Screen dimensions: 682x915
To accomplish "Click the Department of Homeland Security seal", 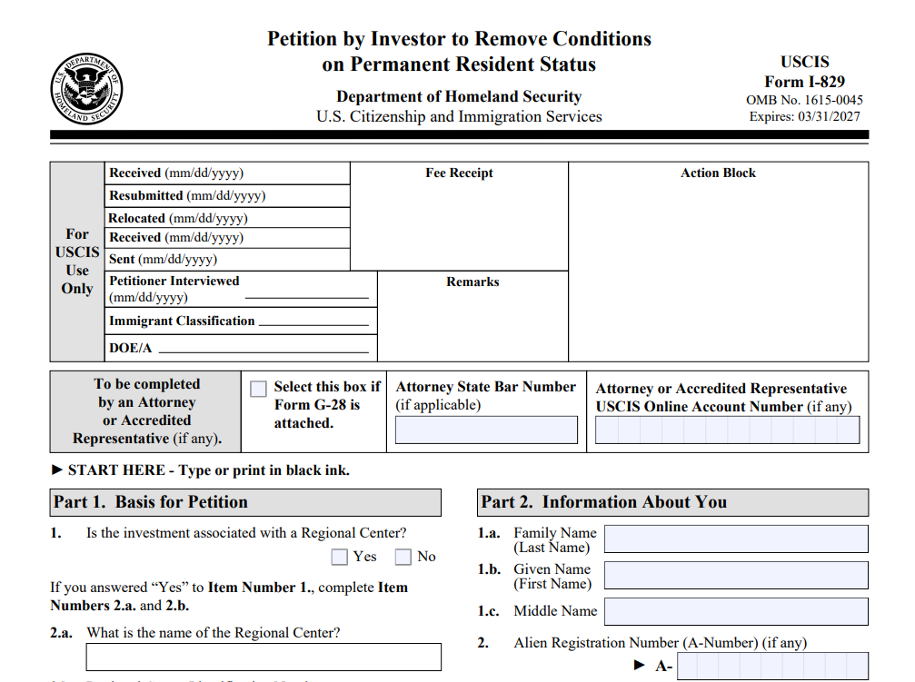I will [x=86, y=89].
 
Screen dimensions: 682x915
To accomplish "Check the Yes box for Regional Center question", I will [x=340, y=557].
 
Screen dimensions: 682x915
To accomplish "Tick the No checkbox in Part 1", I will [x=403, y=557].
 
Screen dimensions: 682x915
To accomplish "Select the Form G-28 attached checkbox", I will [x=258, y=389].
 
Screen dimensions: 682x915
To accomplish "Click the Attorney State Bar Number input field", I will [x=486, y=430].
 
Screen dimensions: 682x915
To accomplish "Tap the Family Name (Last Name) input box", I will [x=736, y=539].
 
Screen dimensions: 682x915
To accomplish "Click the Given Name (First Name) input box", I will [x=736, y=576].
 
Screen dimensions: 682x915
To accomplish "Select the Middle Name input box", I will [x=736, y=611].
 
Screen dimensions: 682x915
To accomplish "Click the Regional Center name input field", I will [x=264, y=657].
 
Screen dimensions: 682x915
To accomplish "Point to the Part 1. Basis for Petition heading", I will [x=151, y=502].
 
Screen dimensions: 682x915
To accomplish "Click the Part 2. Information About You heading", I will [x=603, y=502].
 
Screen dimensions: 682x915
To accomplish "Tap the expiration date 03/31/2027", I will [x=829, y=116].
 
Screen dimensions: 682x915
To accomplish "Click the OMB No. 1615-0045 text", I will [x=804, y=100].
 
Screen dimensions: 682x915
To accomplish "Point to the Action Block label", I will [x=718, y=173].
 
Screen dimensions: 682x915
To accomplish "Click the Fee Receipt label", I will [x=459, y=173].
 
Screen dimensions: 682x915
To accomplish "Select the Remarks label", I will [x=472, y=282].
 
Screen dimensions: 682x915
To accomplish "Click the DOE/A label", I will [x=131, y=348].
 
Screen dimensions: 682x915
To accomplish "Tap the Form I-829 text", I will [x=804, y=82].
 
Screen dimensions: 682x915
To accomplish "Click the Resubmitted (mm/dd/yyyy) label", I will [x=187, y=195].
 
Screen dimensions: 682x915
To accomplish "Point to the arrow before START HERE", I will [x=57, y=469].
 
